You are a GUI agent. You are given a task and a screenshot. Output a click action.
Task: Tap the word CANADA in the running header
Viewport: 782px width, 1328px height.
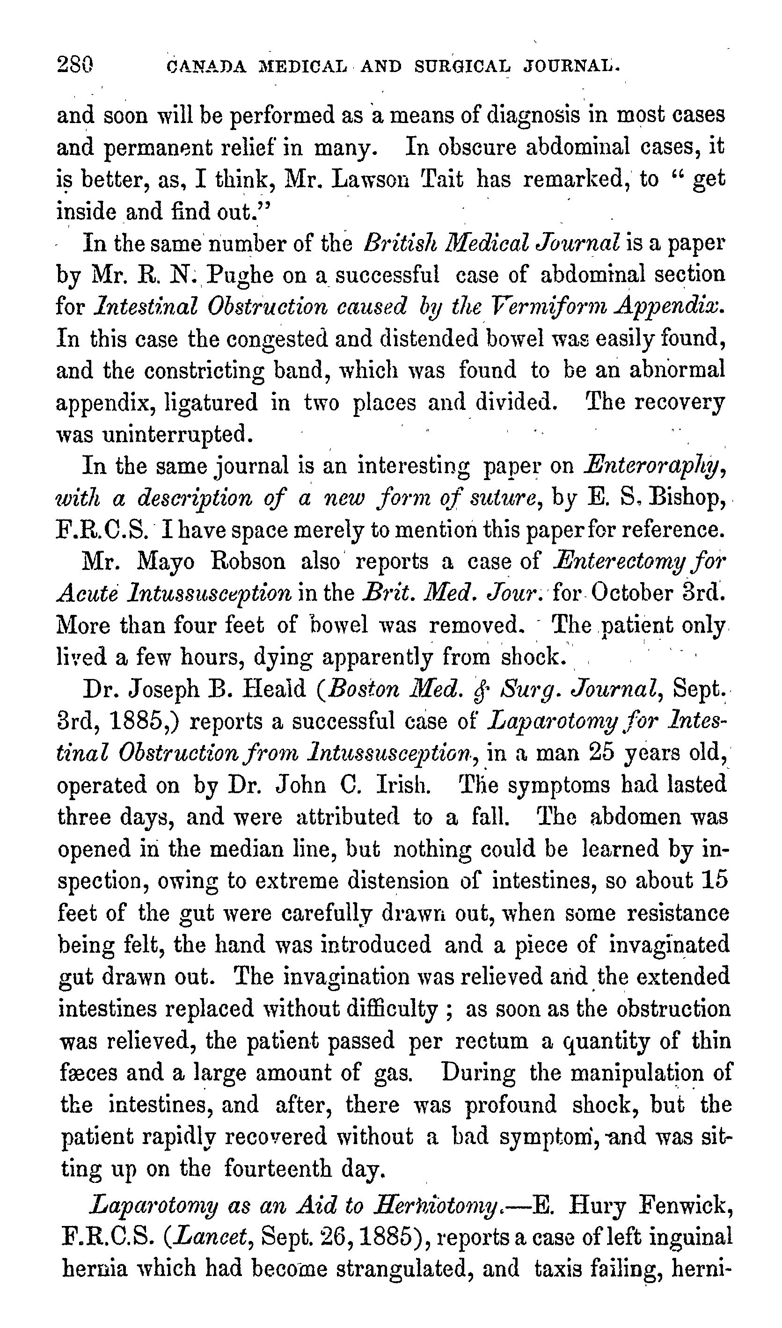pyautogui.click(x=206, y=67)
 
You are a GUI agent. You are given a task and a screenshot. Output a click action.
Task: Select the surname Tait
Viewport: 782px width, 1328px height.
pyautogui.click(x=443, y=180)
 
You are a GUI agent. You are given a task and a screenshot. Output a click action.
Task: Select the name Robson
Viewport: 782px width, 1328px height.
pyautogui.click(x=248, y=562)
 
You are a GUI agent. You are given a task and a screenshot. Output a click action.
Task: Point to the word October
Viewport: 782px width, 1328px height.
pyautogui.click(x=632, y=593)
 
